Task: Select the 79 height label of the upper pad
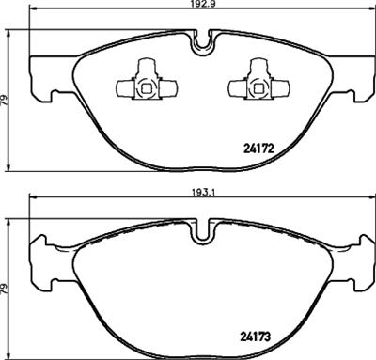7,102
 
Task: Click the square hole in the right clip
255,90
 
